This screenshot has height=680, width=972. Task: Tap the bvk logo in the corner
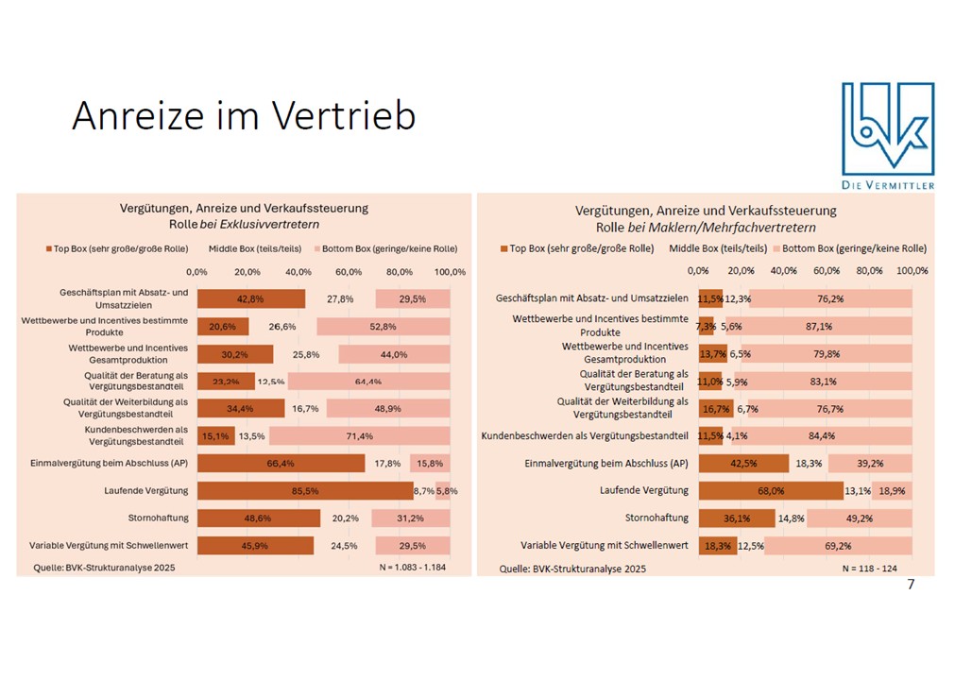click(887, 135)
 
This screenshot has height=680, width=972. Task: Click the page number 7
click(911, 585)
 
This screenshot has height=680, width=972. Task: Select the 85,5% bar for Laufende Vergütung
click(304, 491)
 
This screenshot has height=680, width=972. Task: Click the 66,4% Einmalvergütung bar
click(281, 464)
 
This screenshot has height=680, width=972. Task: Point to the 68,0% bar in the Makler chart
click(771, 490)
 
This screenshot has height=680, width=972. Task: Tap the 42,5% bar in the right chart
click(743, 464)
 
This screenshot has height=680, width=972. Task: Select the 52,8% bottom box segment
click(384, 326)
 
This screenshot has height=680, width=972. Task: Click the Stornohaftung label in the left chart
click(158, 518)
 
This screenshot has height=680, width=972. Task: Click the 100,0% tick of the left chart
click(450, 272)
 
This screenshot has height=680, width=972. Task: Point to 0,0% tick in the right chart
click(699, 271)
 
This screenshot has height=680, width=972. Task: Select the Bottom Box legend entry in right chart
click(848, 248)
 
